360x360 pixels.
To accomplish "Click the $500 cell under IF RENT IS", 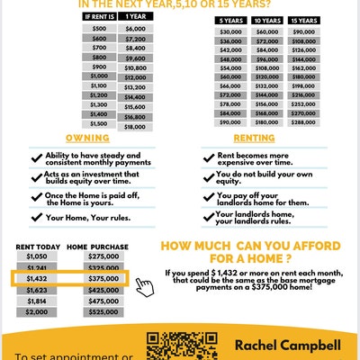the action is pyautogui.click(x=100, y=29).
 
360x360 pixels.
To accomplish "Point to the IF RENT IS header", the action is pyautogui.click(x=100, y=17).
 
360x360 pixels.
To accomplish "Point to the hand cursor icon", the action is pyautogui.click(x=144, y=286).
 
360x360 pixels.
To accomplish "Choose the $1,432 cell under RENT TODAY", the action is pyautogui.click(x=37, y=279).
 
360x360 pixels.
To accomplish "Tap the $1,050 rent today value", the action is pyautogui.click(x=37, y=256).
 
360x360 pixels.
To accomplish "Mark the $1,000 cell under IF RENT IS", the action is pyautogui.click(x=100, y=77).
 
